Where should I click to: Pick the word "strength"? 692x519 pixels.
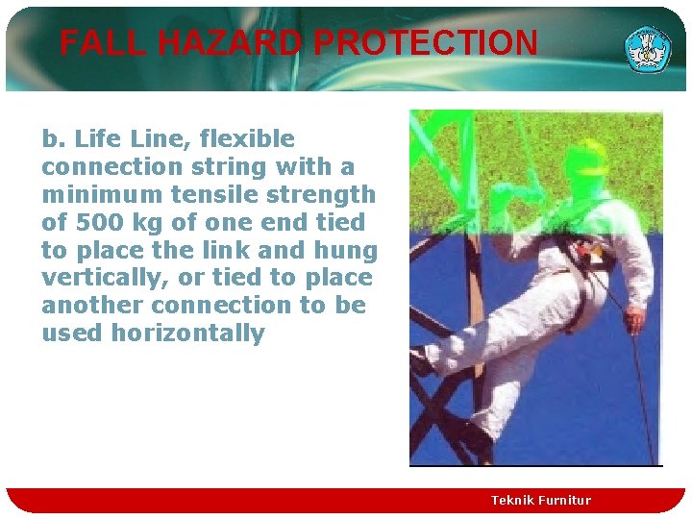click(318, 195)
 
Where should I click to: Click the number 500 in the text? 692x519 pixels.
click(95, 223)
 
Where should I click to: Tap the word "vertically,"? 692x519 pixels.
click(96, 279)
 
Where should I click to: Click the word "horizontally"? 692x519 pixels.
click(187, 334)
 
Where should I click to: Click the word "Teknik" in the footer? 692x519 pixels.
click(517, 500)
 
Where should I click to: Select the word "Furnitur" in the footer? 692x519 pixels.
click(569, 500)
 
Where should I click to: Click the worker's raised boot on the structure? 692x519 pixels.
click(423, 359)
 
